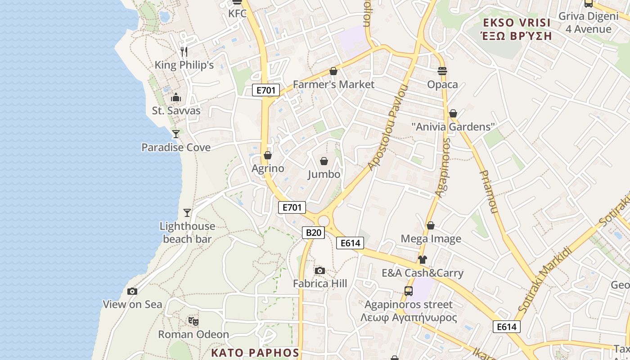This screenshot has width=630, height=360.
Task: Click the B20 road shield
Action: pyautogui.click(x=313, y=232)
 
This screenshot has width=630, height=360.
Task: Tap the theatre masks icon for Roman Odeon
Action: pyautogui.click(x=193, y=321)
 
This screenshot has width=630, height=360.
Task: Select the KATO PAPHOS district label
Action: pyautogui.click(x=256, y=352)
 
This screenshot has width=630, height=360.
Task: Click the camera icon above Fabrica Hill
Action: pyautogui.click(x=320, y=270)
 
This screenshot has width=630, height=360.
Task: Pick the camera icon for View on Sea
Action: pyautogui.click(x=132, y=291)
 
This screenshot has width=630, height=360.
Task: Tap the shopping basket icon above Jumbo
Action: pyautogui.click(x=324, y=161)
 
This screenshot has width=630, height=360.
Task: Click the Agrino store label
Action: pyautogui.click(x=268, y=169)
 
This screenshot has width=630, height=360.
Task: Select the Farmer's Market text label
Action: pyautogui.click(x=333, y=84)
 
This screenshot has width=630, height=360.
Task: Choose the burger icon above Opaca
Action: pyautogui.click(x=442, y=71)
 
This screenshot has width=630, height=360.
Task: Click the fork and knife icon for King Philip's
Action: pyautogui.click(x=184, y=52)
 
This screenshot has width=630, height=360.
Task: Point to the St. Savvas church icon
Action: pyautogui.click(x=176, y=98)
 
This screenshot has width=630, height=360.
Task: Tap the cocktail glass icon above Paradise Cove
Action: pyautogui.click(x=176, y=134)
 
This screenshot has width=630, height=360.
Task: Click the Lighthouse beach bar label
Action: pyautogui.click(x=187, y=233)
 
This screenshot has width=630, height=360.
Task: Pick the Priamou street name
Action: pyautogui.click(x=489, y=191)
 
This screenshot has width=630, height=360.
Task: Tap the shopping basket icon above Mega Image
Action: pyautogui.click(x=431, y=225)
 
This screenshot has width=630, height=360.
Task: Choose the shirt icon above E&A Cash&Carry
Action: pyautogui.click(x=422, y=260)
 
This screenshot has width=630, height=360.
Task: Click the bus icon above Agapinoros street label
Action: pyautogui.click(x=409, y=291)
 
